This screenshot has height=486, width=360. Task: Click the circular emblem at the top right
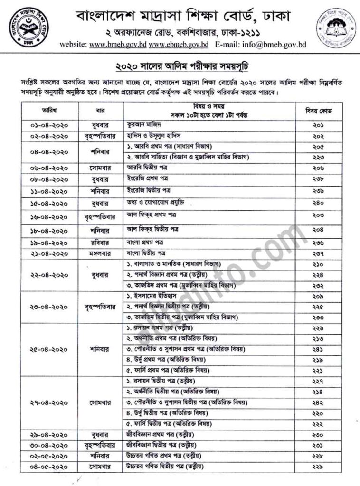pos(332,29)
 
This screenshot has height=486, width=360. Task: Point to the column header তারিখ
pos(49,110)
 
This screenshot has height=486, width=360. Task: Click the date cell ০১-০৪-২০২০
pos(49,125)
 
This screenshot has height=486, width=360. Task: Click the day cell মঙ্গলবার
pos(100,253)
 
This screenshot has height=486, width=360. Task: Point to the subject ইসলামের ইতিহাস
pos(152,296)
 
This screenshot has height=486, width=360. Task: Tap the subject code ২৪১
pos(325,349)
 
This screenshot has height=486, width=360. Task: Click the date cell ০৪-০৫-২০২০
pos(49,467)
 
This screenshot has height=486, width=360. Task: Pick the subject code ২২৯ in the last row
pos(325,467)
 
